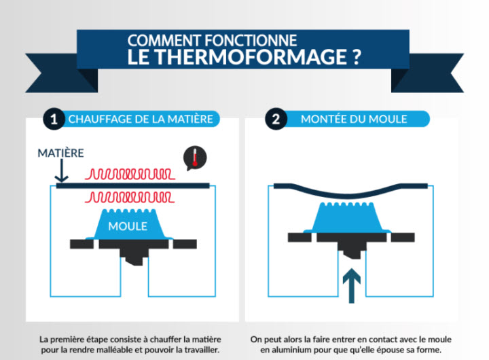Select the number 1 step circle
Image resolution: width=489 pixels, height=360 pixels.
click(x=53, y=120)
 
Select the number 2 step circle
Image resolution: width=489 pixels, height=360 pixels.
click(x=275, y=120)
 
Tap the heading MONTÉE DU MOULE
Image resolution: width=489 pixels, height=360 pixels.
click(x=354, y=120)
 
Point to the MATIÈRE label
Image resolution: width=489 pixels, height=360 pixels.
click(x=61, y=154)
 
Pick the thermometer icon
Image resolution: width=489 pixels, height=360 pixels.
click(x=195, y=158)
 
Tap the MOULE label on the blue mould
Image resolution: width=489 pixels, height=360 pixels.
click(x=128, y=226)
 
